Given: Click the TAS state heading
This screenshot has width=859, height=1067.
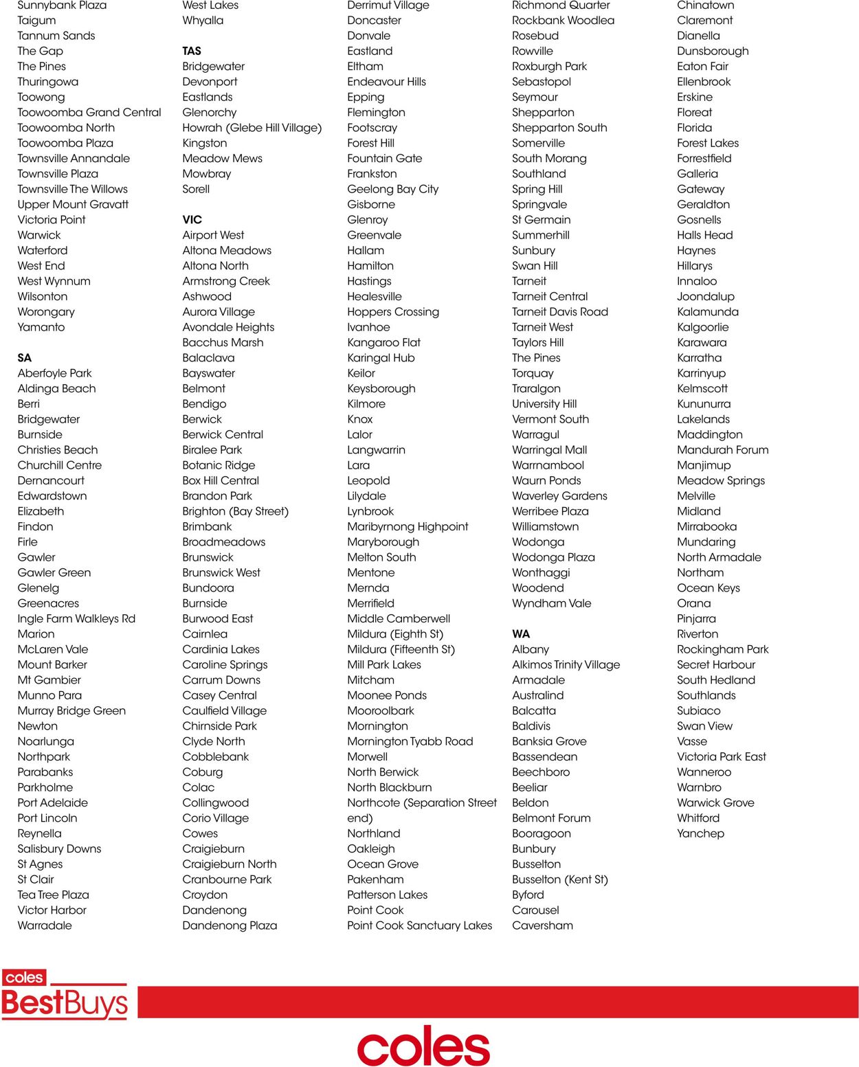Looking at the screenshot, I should [192, 51].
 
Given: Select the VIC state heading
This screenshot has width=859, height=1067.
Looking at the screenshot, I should [192, 220].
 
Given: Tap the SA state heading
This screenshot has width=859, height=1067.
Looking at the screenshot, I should [25, 358].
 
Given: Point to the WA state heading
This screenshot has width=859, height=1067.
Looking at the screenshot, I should [521, 634].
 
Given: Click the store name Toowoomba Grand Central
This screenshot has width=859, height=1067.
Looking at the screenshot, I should [89, 113].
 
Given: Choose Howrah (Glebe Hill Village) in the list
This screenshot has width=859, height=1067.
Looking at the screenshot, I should [252, 128].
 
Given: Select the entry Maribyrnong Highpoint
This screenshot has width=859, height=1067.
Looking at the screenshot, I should [408, 527].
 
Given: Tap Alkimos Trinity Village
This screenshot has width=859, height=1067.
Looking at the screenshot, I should [566, 665].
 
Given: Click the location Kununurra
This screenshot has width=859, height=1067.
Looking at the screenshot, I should [704, 404].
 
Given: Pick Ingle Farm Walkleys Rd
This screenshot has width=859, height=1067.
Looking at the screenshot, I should [76, 619].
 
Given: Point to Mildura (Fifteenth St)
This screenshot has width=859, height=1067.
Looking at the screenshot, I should [401, 649].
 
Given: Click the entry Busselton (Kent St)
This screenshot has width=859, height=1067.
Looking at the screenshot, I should [560, 879].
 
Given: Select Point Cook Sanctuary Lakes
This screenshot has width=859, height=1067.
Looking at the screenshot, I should [420, 925].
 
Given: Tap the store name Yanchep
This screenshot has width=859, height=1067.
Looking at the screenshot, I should [700, 833].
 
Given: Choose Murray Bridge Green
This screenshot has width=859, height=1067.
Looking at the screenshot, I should [71, 711].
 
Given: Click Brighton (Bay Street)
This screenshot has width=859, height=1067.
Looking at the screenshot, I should [236, 511].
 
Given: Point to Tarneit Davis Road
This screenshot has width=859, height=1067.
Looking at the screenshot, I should [560, 312].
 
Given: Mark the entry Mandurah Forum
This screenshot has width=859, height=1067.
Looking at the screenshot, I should [723, 450].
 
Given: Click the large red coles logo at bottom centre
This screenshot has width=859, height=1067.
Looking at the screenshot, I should [423, 1046].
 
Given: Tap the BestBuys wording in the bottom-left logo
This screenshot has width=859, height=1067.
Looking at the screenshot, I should [65, 1004].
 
